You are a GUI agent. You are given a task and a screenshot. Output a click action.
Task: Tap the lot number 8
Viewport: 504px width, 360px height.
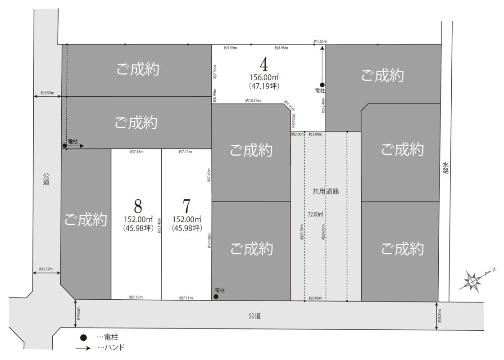(x=138, y=207)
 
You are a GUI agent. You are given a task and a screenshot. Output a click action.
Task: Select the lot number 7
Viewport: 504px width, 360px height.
(x=186, y=207)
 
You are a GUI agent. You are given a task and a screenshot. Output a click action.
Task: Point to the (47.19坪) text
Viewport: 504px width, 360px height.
(x=264, y=85)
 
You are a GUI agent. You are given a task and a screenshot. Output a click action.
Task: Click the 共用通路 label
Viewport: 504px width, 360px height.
(x=326, y=191)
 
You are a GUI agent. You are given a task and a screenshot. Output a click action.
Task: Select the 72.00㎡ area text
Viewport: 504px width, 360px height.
(x=316, y=214)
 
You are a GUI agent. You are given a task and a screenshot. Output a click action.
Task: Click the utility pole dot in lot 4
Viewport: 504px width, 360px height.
(x=322, y=85)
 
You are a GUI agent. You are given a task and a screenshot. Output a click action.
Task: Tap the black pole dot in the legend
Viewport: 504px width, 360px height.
(x=83, y=337)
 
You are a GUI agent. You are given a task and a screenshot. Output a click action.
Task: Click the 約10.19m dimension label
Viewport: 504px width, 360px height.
(x=253, y=101)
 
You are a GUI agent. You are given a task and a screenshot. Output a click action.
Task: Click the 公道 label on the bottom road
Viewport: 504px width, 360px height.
(x=254, y=316)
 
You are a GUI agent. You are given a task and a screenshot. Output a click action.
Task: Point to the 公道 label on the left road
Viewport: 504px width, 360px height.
(x=46, y=179)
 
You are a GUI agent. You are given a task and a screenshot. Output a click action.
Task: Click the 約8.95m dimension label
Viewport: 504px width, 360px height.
(x=282, y=47)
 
